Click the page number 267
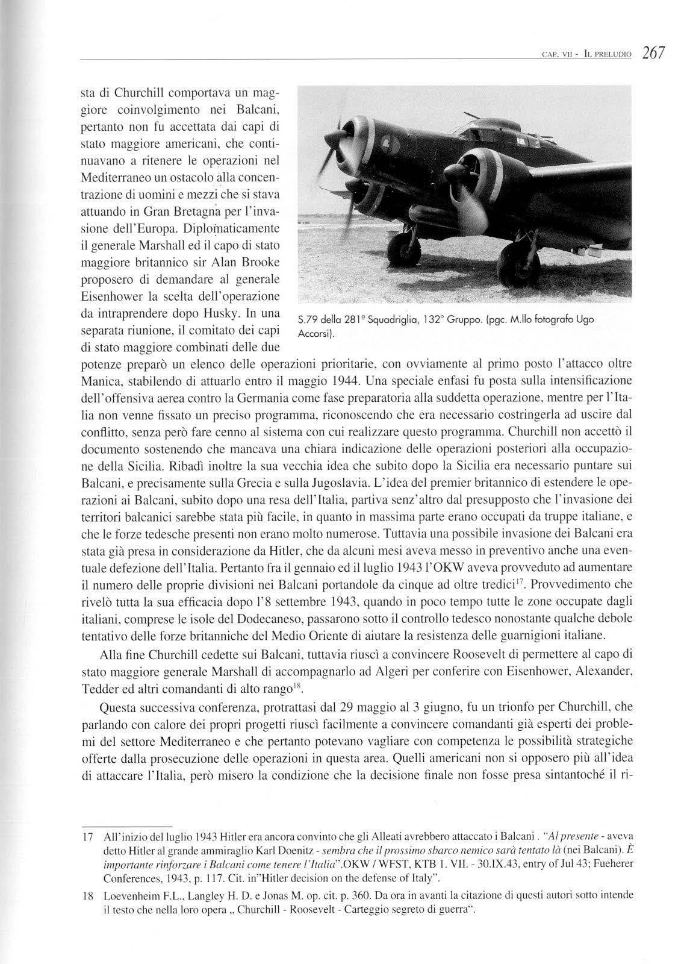pos(653,53)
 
